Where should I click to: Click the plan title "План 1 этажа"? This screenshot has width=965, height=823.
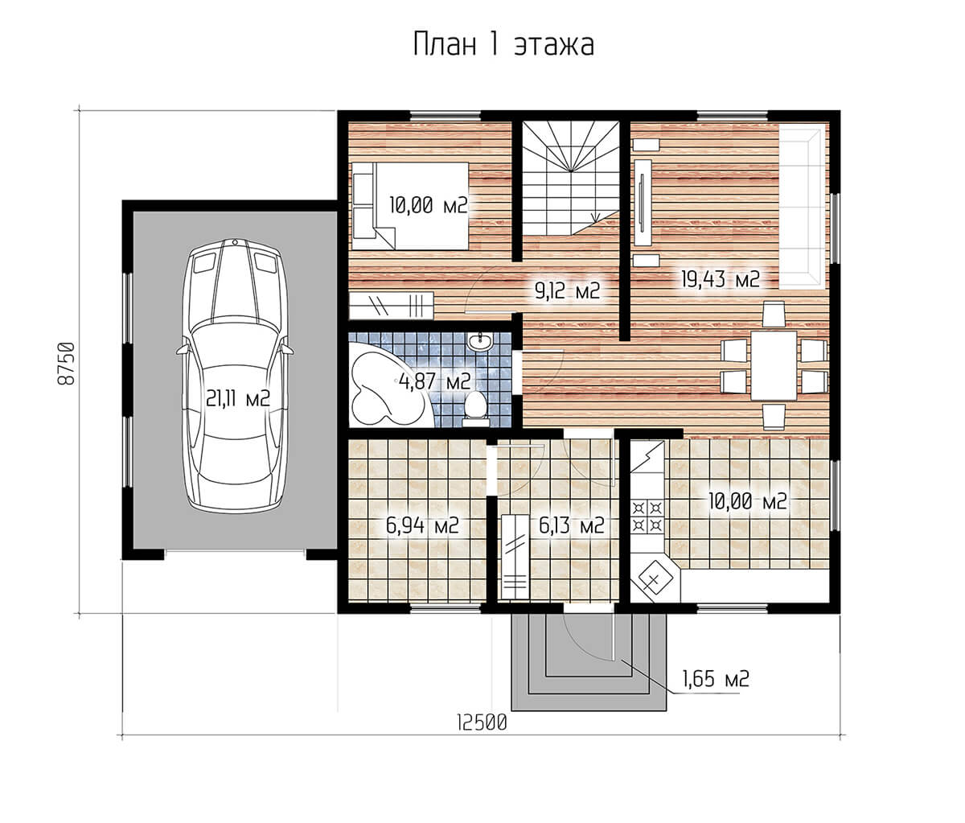[x=503, y=45]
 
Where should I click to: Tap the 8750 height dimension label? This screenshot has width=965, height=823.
[x=66, y=364]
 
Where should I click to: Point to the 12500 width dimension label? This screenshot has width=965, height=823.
[x=482, y=723]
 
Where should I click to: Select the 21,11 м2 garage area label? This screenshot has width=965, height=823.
[x=239, y=398]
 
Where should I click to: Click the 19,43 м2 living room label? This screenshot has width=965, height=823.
[x=721, y=279]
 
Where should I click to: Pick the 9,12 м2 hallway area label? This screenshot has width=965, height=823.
[x=567, y=291]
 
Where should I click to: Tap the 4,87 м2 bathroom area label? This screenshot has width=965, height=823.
[x=434, y=381]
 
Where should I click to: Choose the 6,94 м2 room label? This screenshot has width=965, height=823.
[x=422, y=525]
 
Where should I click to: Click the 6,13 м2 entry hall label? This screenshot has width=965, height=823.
[x=572, y=525]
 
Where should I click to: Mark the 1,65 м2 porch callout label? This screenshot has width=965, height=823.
[x=717, y=678]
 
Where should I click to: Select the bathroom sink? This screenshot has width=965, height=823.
[x=478, y=342]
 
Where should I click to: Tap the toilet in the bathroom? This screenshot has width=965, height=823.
[x=476, y=409]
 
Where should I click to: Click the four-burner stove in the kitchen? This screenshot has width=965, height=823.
[x=647, y=517]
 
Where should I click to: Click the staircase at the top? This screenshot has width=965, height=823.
[x=570, y=179]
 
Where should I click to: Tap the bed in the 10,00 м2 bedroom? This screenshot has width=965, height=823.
[x=410, y=205]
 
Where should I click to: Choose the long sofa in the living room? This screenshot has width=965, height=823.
[x=801, y=208]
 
